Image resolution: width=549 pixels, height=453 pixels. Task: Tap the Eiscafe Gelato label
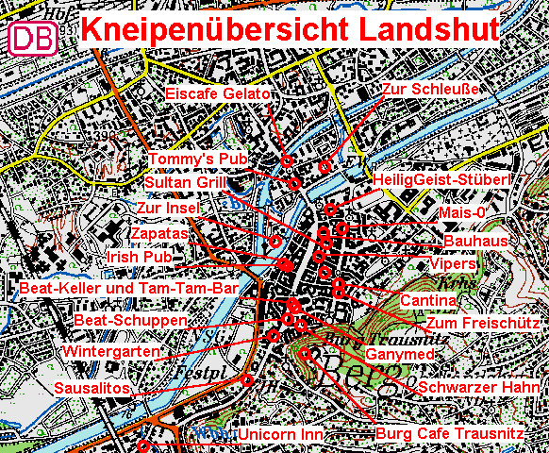[218, 94]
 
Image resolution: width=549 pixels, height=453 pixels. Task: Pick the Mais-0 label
[462, 213]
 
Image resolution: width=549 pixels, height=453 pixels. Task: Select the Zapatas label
[159, 232]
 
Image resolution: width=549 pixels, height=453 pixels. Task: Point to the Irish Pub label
[141, 257]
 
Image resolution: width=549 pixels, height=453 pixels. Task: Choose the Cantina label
[428, 301]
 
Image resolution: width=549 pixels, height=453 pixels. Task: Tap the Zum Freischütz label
[481, 323]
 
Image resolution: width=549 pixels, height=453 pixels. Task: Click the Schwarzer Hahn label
[479, 388]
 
